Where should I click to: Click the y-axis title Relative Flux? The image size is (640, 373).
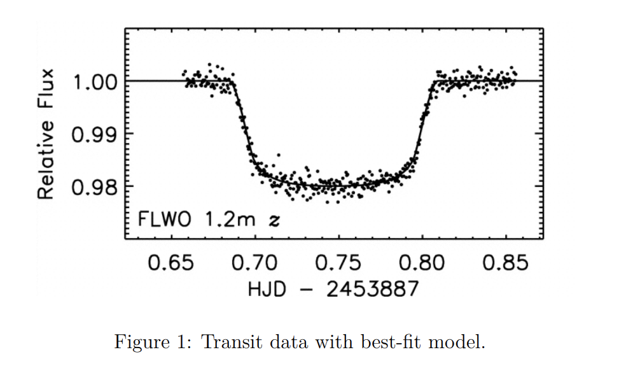coord(45,133)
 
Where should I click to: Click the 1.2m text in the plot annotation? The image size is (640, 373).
coord(227,220)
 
